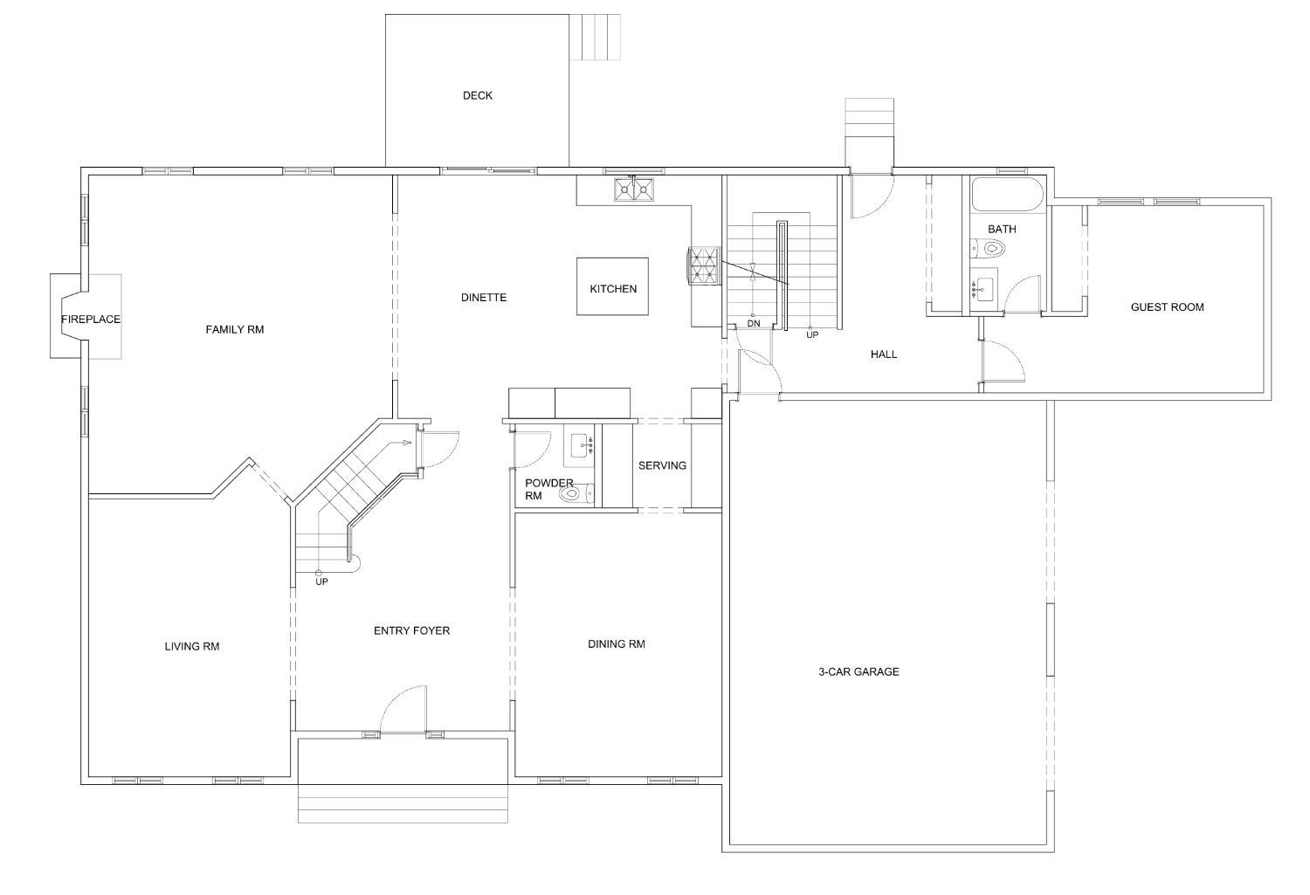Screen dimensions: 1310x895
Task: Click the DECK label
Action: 477,95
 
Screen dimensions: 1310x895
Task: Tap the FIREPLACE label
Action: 91,320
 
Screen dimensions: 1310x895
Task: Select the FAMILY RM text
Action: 235,330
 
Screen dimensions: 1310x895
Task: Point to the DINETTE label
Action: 484,298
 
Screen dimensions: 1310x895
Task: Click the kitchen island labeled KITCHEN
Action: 612,286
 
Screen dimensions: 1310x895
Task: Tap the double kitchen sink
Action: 634,189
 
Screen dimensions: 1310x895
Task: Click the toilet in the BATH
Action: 988,249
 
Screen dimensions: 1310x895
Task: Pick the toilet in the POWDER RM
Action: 576,494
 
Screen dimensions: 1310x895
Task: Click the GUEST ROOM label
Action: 1167,306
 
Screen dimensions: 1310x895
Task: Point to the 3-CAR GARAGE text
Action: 858,671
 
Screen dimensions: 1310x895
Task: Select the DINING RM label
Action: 617,644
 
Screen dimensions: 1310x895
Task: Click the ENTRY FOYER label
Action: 411,630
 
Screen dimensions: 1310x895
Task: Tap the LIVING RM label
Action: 192,646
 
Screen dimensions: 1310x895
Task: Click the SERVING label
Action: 662,465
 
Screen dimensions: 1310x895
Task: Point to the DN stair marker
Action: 753,323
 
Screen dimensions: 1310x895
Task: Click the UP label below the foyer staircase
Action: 321,582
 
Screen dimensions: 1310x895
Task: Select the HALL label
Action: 884,355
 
